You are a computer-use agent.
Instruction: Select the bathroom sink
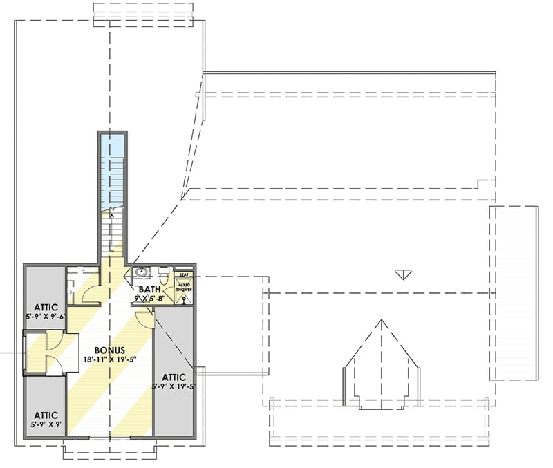[142, 272]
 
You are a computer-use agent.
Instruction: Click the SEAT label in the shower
[184, 274]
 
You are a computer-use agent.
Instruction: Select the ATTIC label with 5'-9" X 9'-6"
[44, 307]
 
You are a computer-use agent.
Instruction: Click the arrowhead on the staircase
[111, 216]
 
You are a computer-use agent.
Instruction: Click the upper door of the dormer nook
[53, 340]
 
